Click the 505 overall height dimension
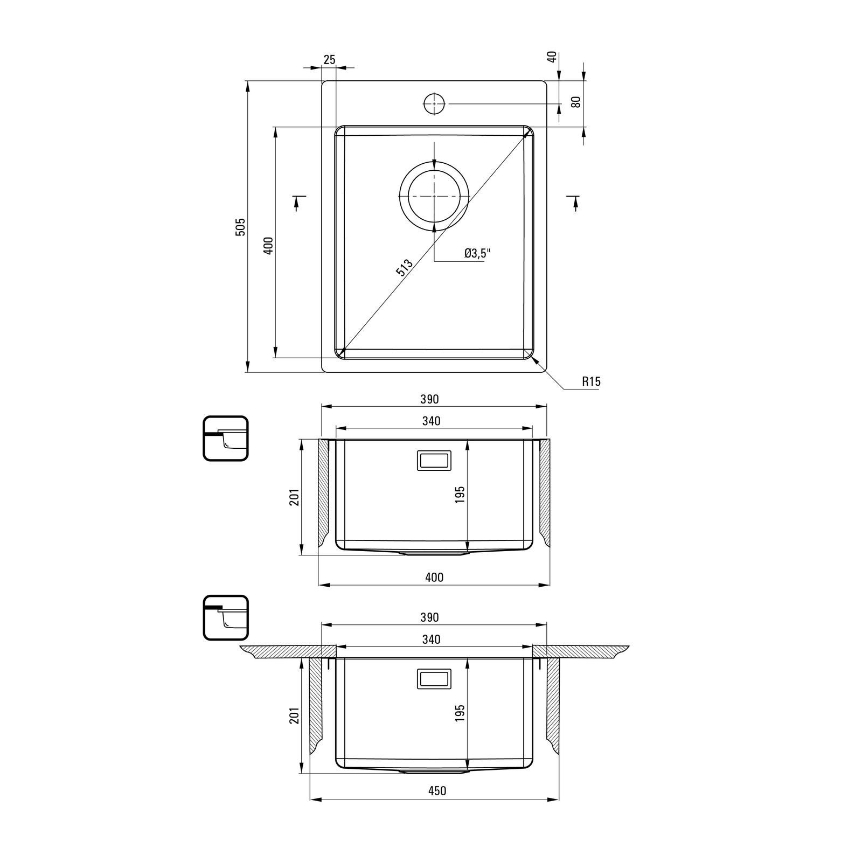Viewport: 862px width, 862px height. coord(241,226)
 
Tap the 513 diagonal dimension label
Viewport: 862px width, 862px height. coord(404,268)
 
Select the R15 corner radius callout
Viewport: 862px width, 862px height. coord(591,382)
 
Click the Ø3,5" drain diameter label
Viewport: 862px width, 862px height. coord(478,253)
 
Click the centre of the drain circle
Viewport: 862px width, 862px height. coord(434,196)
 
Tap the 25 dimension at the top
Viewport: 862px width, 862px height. coord(329,60)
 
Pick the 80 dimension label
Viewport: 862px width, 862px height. coord(576,102)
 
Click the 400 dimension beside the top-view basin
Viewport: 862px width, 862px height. coord(269,245)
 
